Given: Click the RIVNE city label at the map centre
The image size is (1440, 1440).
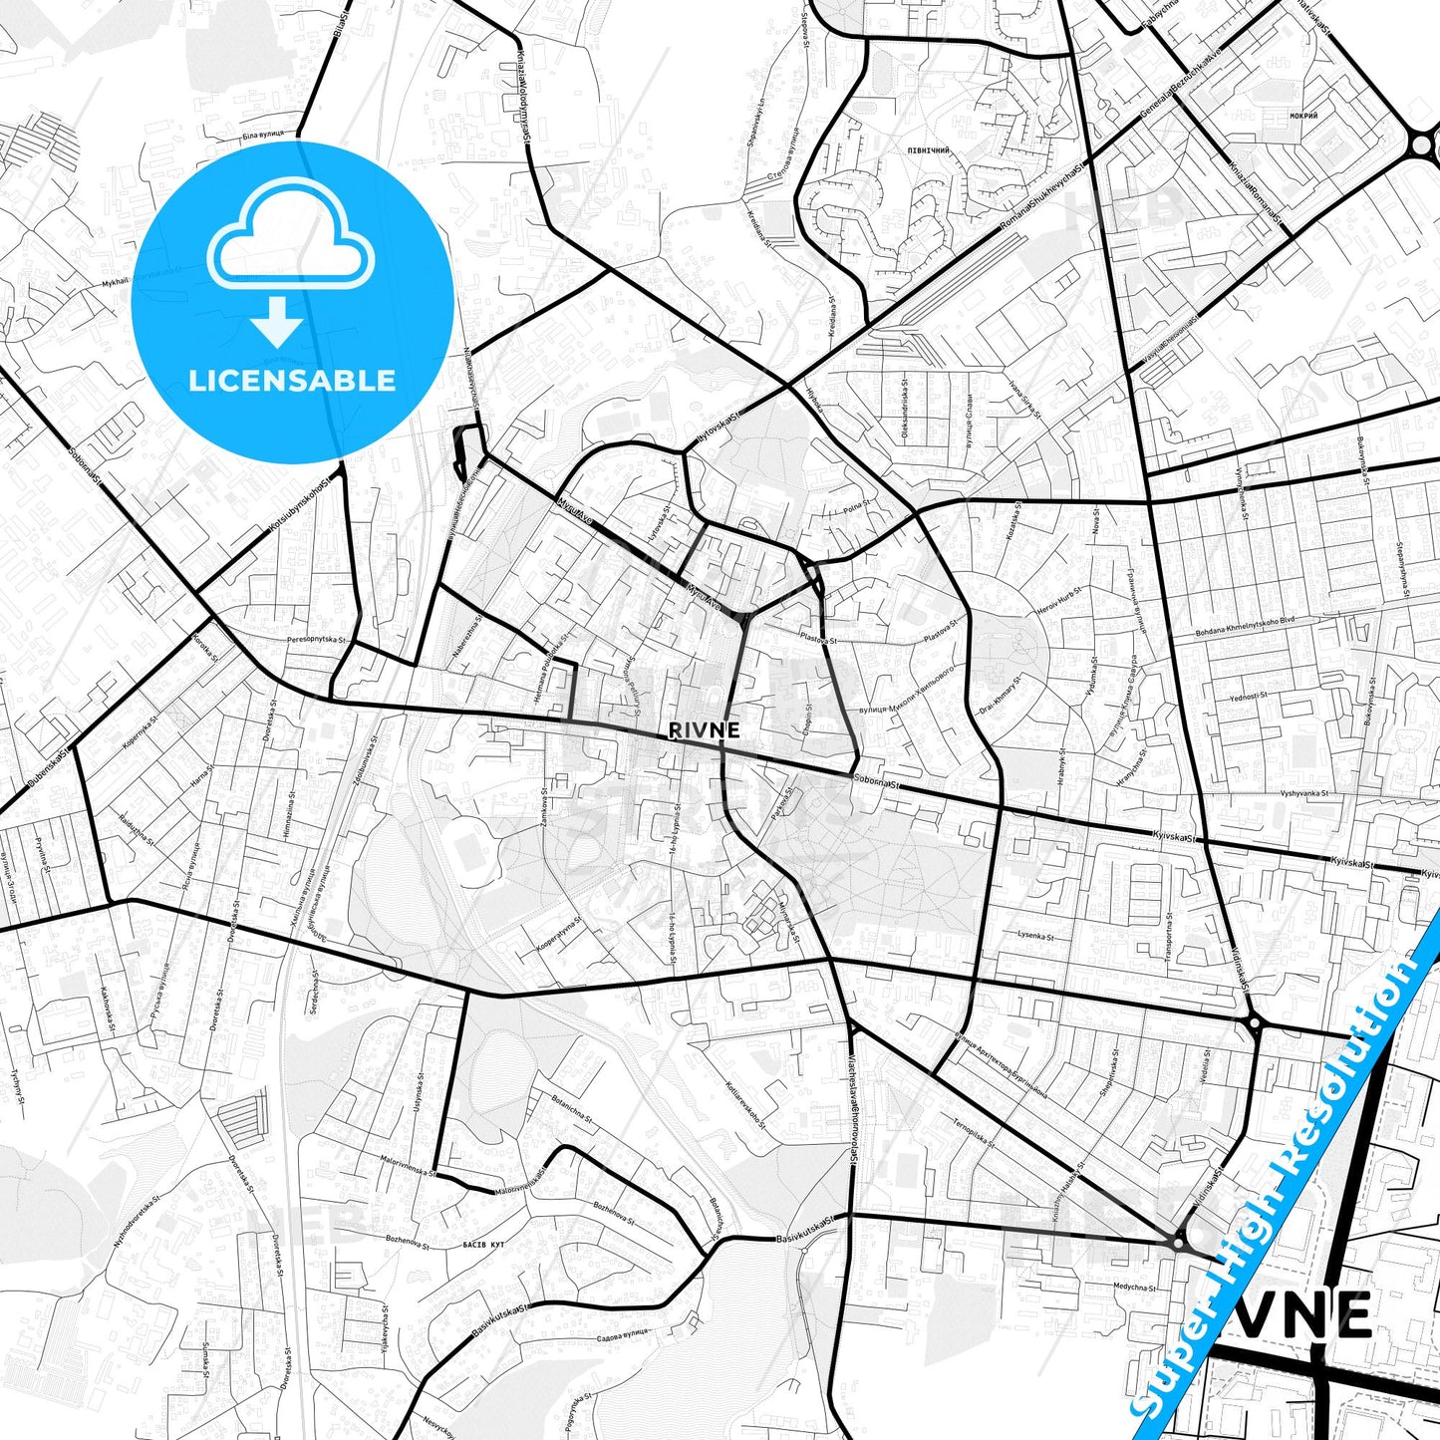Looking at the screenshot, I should click(x=704, y=730).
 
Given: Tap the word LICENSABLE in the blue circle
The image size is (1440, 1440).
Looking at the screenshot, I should click(x=292, y=381).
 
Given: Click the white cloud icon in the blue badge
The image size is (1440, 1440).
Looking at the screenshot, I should click(x=291, y=241).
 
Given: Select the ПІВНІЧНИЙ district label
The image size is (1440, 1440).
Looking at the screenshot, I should click(x=927, y=150).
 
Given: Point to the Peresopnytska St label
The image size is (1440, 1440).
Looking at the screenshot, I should click(x=316, y=640).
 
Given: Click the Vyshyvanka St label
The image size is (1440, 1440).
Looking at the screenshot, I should click(x=1307, y=793).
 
